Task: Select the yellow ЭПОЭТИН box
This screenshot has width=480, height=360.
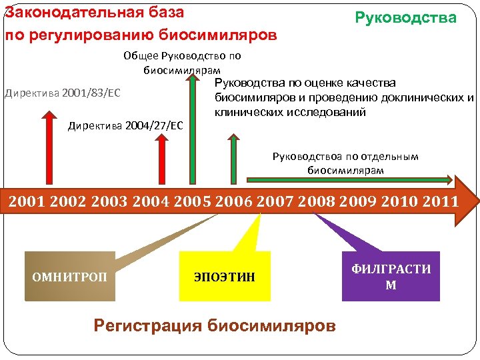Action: [x=225, y=276]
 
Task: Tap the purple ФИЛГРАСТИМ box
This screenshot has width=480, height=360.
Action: [x=391, y=276]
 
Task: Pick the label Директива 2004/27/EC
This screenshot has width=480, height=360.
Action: [x=125, y=126]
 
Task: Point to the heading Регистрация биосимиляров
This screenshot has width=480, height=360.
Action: [x=215, y=325]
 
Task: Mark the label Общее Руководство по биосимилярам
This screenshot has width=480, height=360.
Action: [x=182, y=63]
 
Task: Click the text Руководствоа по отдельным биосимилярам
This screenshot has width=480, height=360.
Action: [x=345, y=163]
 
